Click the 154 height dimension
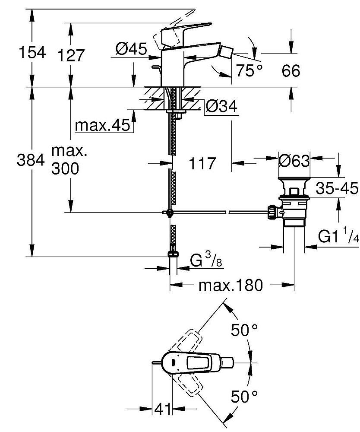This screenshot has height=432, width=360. point(32,52)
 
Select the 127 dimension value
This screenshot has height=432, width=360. point(71,56)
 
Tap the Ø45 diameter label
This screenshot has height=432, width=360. point(131,49)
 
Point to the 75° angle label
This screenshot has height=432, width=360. point(249,70)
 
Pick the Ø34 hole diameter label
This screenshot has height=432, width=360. point(221,106)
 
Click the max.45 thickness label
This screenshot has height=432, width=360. point(102,125)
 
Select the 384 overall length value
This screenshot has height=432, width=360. point(31,160)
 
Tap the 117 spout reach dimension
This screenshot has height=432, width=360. point(202,163)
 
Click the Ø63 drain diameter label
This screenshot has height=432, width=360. point(294,160)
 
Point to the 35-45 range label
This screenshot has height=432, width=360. point(337,188)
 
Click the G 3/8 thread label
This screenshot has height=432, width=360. point(206,260)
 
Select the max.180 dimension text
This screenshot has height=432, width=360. point(231,286)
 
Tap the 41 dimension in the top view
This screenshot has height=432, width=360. point(162,409)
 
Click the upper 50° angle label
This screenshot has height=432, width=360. point(244,330)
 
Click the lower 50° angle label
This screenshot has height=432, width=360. point(244,397)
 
